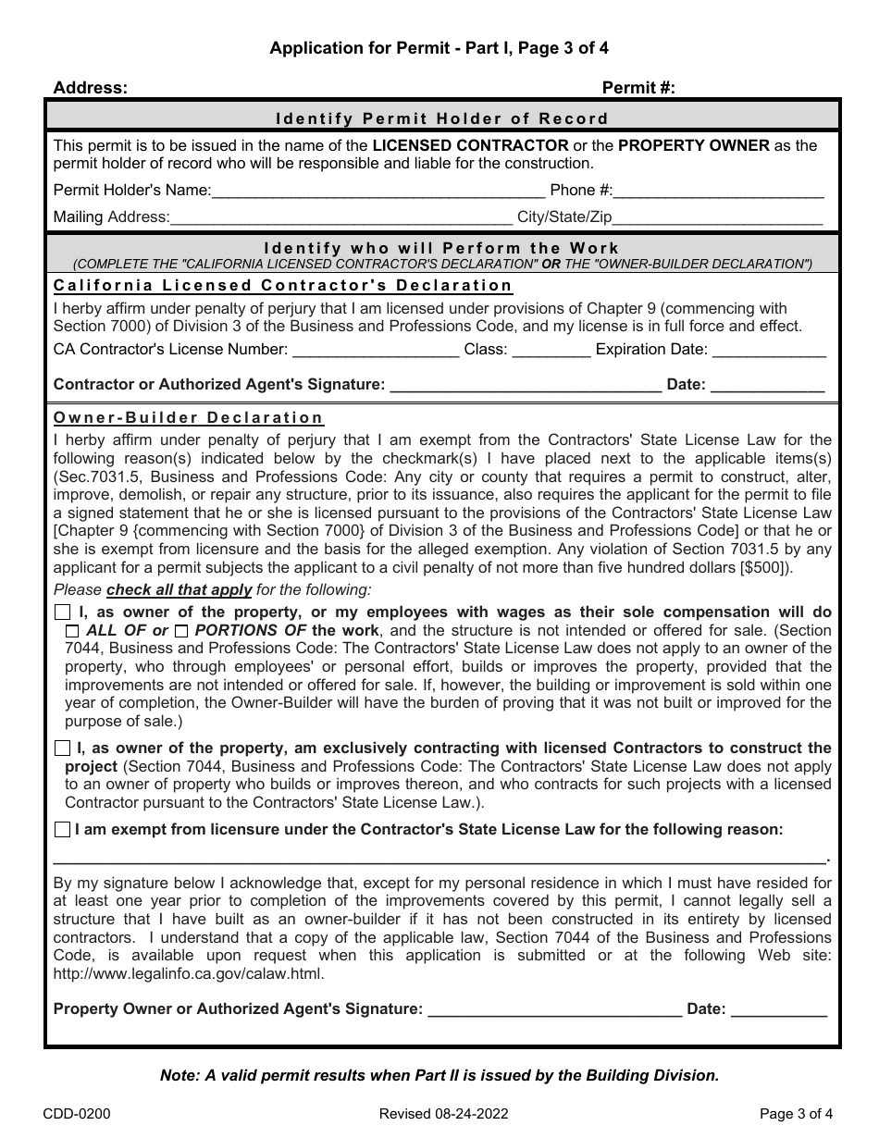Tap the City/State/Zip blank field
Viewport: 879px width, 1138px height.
[x=718, y=218]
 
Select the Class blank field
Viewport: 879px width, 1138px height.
[x=551, y=351]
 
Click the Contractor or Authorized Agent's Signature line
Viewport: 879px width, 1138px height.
[x=525, y=386]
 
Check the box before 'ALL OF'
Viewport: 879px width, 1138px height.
[x=72, y=631]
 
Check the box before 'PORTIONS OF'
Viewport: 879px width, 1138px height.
[x=181, y=631]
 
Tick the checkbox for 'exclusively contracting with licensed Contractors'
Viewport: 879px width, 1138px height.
[x=62, y=748]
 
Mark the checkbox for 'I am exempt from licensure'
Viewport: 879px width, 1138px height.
[x=62, y=830]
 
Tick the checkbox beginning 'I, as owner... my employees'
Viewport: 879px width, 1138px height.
[x=62, y=612]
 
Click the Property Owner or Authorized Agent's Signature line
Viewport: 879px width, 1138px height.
[x=554, y=1010]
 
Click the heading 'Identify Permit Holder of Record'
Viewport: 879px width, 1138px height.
[x=442, y=118]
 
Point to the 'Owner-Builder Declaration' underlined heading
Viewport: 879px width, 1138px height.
[x=189, y=418]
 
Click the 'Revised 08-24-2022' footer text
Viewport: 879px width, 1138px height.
[x=443, y=1114]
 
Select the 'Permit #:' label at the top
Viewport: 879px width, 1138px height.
[x=638, y=88]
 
